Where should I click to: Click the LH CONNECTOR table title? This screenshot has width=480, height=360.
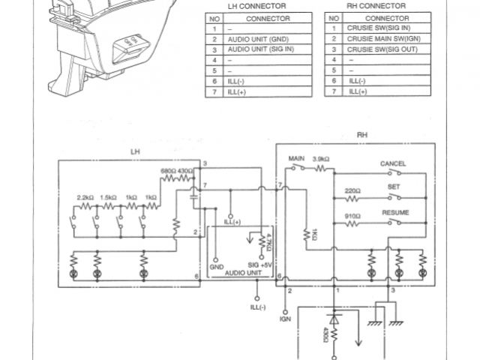click(257, 5)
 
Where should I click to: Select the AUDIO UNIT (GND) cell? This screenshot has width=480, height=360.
click(255, 38)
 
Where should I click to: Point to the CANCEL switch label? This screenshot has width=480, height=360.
click(393, 163)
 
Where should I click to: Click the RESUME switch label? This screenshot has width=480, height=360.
click(394, 213)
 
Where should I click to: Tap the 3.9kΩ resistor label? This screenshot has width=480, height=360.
click(320, 160)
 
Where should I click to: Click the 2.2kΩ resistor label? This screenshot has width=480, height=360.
click(85, 197)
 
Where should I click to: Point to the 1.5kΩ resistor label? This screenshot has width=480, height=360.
click(109, 197)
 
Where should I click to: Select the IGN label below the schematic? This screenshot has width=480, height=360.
click(285, 318)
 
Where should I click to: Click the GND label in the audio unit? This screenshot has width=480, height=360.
click(217, 265)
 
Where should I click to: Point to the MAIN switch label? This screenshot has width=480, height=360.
click(295, 160)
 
